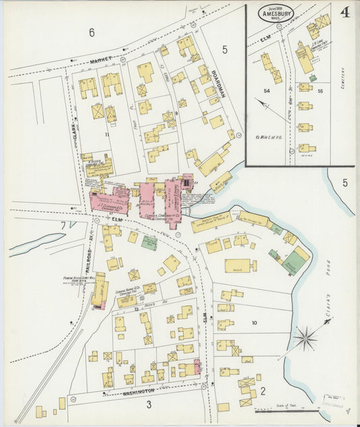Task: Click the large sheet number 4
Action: tap(344, 13)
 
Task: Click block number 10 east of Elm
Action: tap(254, 323)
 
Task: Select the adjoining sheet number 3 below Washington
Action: tap(149, 404)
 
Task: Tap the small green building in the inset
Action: tap(313, 78)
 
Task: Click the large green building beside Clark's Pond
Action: tap(294, 261)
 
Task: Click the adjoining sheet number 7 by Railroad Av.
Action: tap(63, 224)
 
